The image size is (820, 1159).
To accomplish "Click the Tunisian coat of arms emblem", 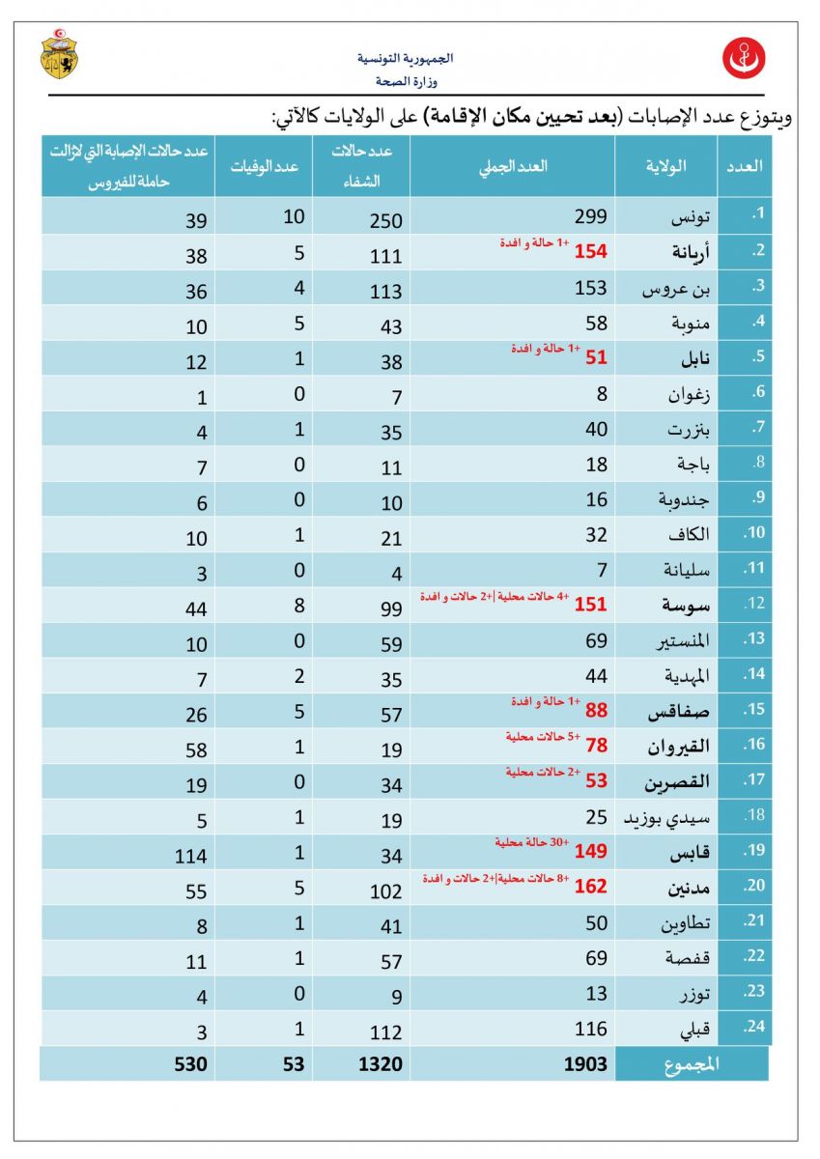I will (x=59, y=54).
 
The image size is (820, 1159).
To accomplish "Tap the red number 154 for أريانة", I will (x=590, y=252).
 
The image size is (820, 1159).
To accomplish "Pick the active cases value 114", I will (x=191, y=856).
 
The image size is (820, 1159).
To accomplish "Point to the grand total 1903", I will (x=586, y=1063).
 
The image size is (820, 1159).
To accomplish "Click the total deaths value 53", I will (x=293, y=1063).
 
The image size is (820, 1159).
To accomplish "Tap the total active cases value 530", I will (x=191, y=1063).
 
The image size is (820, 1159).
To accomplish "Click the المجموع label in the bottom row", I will (x=692, y=1063).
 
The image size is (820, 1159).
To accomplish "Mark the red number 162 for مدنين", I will (x=590, y=886).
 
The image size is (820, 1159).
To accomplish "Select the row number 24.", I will (x=753, y=1027).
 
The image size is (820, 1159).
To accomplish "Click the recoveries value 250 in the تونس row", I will (x=386, y=218).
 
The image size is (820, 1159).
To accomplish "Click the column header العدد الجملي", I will (x=513, y=166).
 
